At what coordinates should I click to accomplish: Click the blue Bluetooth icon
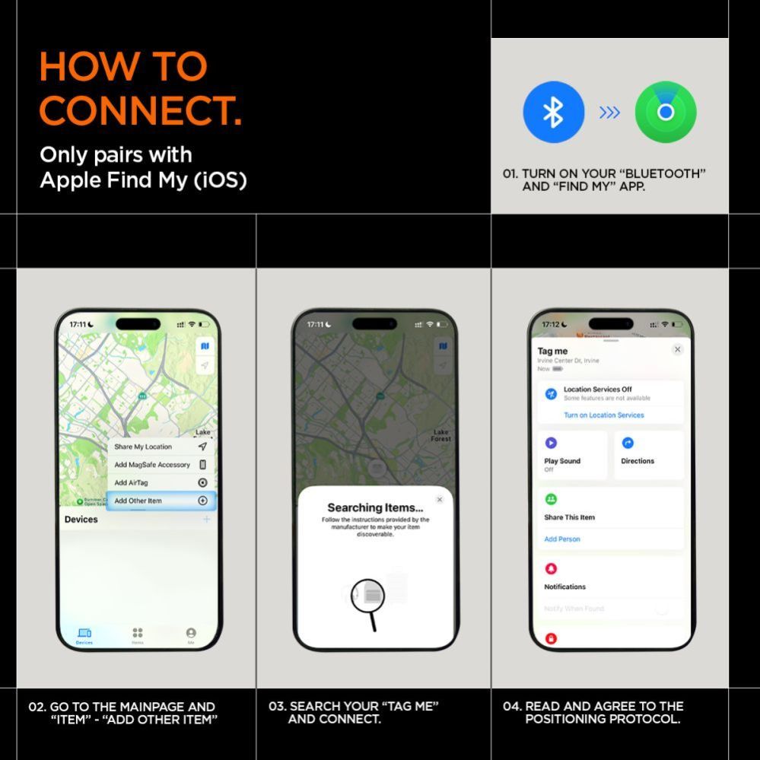[553, 113]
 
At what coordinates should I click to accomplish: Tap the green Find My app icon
[666, 113]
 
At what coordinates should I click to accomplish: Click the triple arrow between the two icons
[609, 113]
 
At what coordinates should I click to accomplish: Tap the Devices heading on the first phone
[81, 520]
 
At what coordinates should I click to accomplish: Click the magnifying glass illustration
[369, 597]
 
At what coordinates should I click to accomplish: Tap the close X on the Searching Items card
[439, 500]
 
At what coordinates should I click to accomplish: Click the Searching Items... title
[375, 507]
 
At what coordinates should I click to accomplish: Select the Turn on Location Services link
[603, 415]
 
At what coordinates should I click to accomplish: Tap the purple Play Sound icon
[551, 443]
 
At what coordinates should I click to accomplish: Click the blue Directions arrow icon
[628, 443]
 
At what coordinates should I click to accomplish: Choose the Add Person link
[562, 539]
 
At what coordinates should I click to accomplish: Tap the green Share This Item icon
[551, 499]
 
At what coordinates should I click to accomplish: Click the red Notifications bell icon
[551, 569]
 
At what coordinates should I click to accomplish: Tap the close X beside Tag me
[677, 349]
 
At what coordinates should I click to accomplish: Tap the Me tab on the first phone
[191, 634]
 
